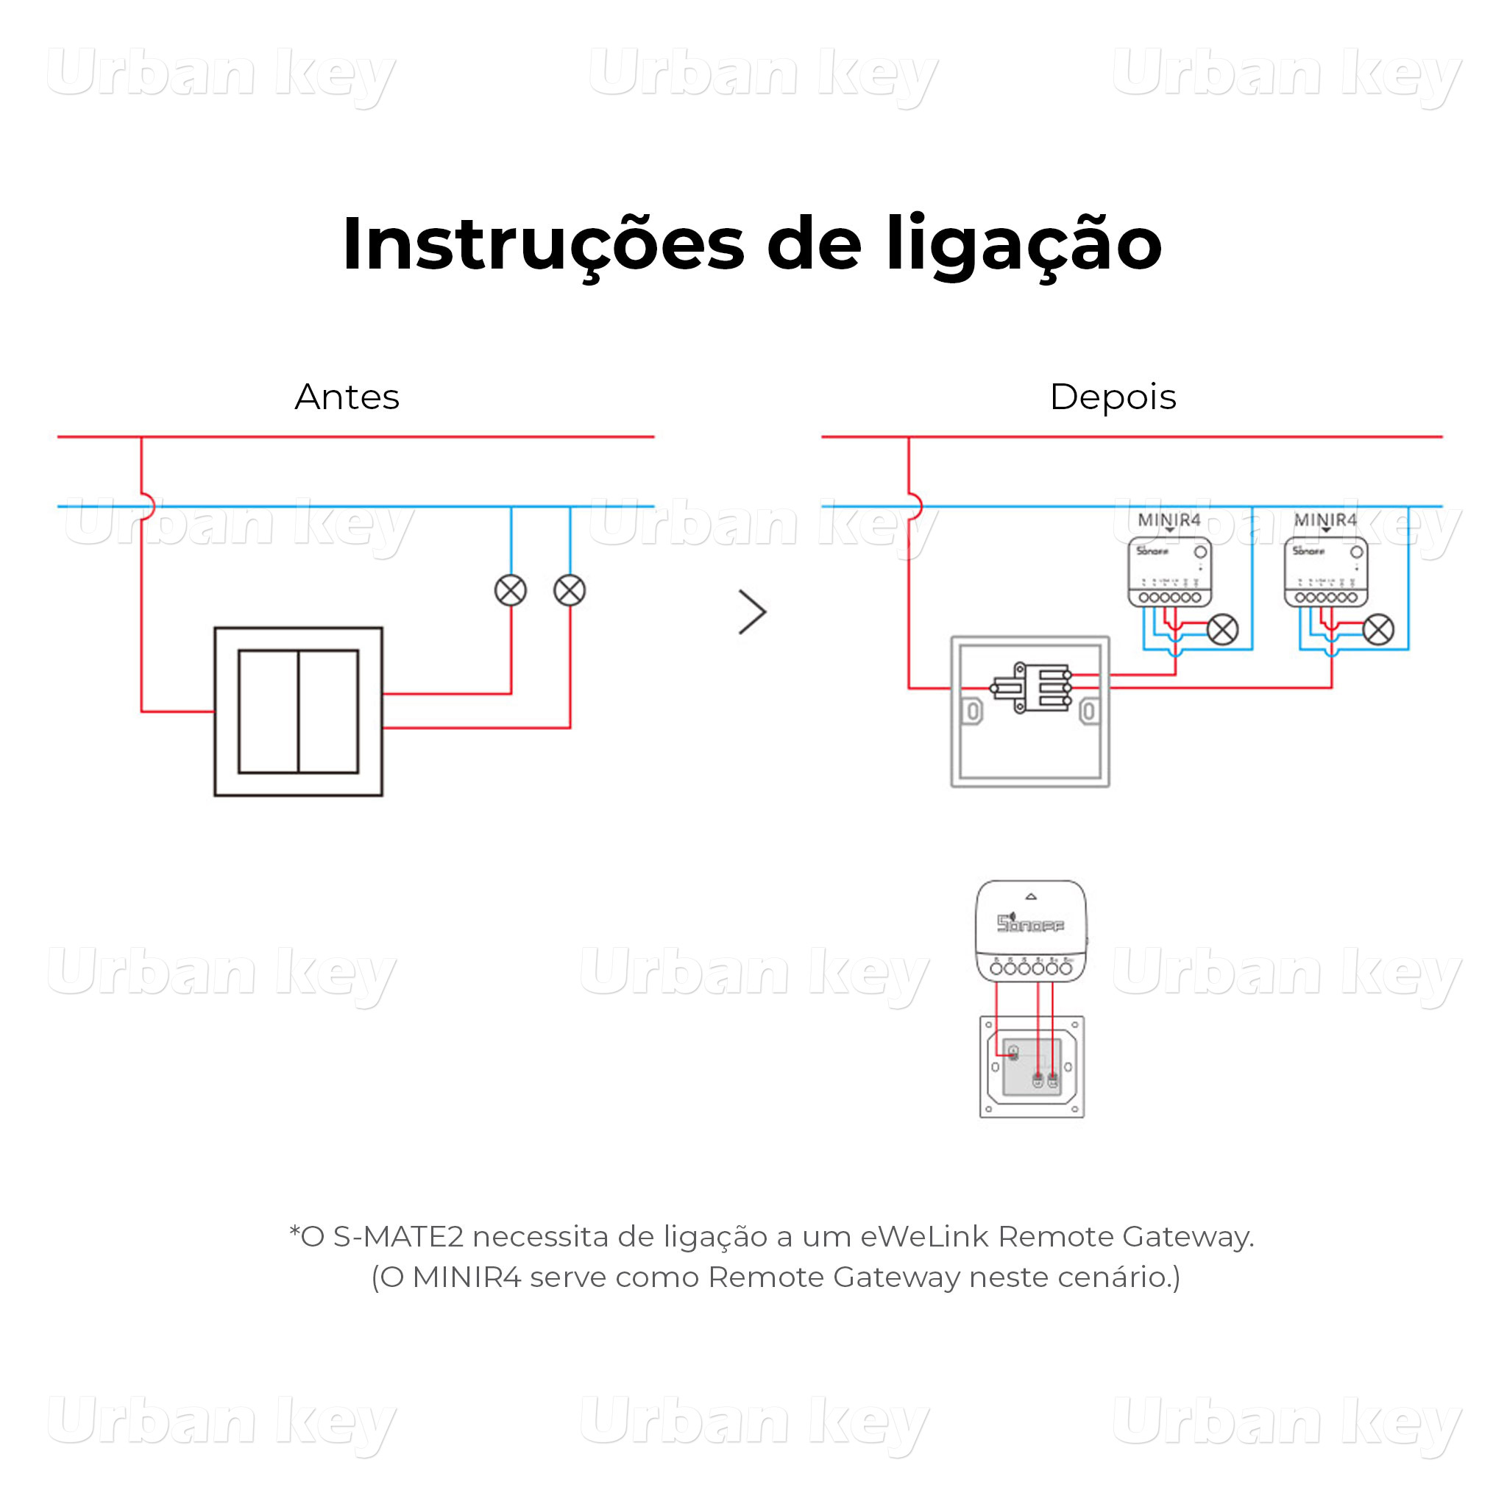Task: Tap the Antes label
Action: (347, 397)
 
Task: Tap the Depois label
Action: (1113, 397)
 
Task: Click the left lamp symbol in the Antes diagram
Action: (511, 590)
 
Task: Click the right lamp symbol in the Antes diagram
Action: (570, 590)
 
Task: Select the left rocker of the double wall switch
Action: (268, 712)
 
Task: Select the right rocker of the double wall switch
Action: (328, 712)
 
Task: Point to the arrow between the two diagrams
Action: (753, 612)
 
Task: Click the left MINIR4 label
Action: (1169, 520)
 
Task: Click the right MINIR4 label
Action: (1325, 520)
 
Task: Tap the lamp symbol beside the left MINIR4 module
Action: (1222, 629)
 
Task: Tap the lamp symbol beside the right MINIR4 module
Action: (1378, 629)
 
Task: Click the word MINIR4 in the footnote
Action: (466, 1277)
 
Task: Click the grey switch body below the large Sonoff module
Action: (1031, 1066)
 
